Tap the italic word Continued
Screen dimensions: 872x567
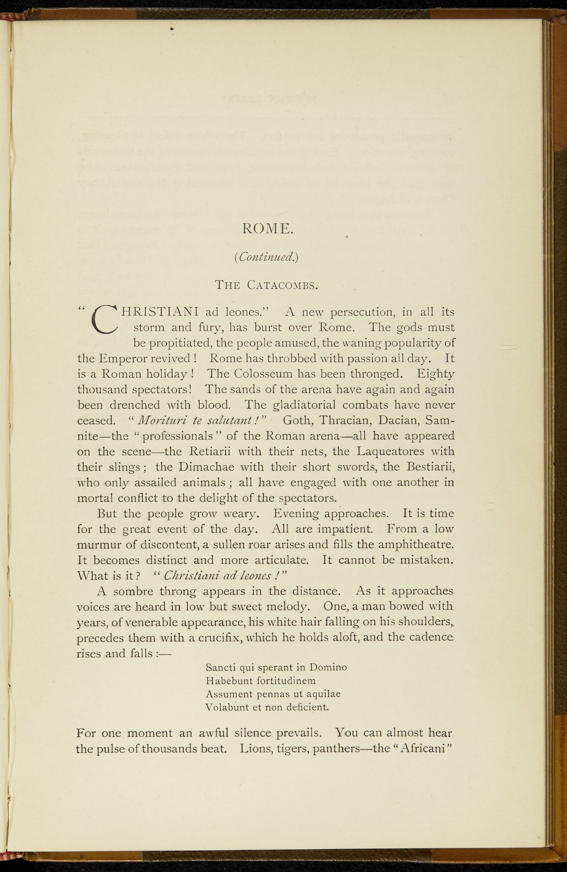(x=266, y=257)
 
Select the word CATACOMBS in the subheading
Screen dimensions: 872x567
(x=282, y=285)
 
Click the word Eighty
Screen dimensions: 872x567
(x=436, y=374)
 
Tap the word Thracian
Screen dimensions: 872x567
(x=345, y=420)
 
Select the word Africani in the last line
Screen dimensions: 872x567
(x=420, y=749)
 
